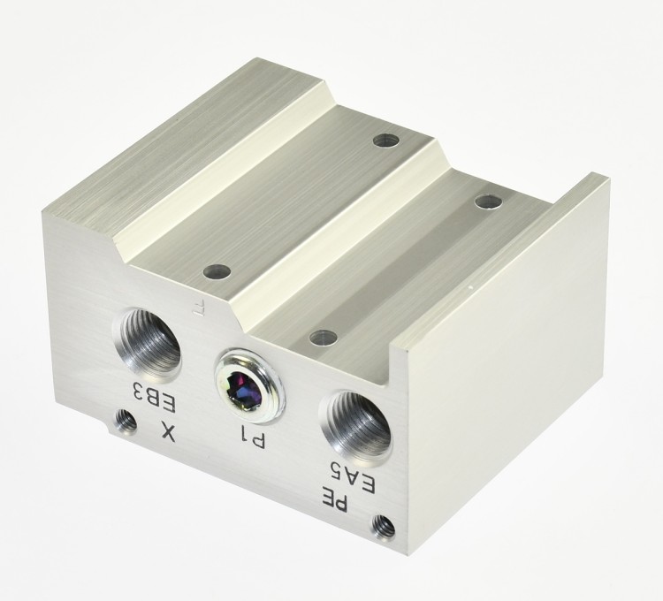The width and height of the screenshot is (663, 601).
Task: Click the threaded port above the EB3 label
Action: click(x=146, y=340)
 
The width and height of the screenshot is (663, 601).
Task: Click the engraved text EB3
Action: click(x=155, y=398)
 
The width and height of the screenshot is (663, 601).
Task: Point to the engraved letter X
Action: click(x=168, y=432)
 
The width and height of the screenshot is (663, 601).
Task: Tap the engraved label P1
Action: click(x=253, y=437)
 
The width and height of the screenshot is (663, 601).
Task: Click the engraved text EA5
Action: click(x=353, y=477)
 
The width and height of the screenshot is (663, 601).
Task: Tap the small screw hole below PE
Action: click(x=383, y=527)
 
